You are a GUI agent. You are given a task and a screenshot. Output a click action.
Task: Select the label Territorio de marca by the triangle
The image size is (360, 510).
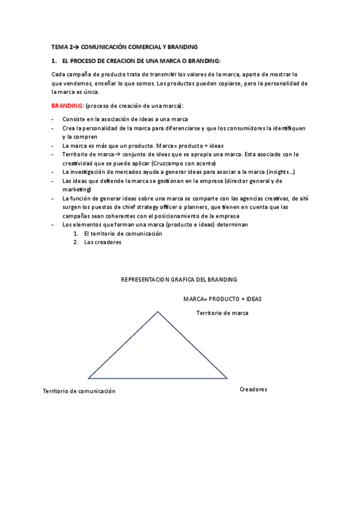click(222, 313)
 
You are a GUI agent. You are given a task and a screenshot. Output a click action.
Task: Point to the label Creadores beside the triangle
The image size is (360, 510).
click(253, 389)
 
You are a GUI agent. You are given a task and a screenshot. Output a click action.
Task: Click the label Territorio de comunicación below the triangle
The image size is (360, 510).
click(79, 391)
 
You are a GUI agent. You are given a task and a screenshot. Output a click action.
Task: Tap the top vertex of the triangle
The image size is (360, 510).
click(158, 312)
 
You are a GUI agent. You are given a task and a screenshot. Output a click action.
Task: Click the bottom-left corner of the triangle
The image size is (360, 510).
click(88, 378)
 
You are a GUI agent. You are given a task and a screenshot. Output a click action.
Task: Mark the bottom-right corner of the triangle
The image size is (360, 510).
click(227, 378)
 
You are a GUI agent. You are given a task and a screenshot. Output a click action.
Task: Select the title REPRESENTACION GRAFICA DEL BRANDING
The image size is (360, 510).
click(179, 280)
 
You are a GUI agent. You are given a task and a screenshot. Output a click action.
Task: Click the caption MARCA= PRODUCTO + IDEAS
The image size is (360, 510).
click(222, 298)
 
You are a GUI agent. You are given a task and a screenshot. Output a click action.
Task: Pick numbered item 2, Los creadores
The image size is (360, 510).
click(103, 242)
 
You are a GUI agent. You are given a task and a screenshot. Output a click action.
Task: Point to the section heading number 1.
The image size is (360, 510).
click(53, 61)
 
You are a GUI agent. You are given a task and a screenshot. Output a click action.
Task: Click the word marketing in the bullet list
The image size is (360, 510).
click(76, 189)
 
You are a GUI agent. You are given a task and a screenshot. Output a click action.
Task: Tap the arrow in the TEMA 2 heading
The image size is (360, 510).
click(76, 47)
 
